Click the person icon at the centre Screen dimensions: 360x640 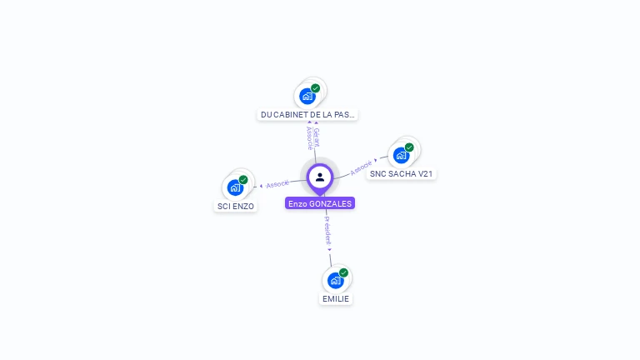click(320, 177)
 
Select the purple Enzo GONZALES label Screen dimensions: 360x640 click(320, 203)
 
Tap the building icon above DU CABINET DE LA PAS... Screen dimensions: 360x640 click(307, 96)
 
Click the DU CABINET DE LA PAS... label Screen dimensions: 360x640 click(308, 115)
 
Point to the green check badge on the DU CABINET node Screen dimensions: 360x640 click(316, 87)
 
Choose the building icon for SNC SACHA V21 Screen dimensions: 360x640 click(401, 155)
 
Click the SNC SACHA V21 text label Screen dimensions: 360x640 click(402, 174)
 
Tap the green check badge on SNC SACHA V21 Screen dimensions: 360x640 click(409, 147)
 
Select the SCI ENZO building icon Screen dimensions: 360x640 click(235, 187)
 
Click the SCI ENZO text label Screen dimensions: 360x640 click(236, 206)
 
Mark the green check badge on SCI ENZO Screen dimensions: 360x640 click(243, 179)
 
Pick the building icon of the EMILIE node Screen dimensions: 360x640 click(335, 280)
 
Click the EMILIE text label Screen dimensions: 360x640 click(336, 299)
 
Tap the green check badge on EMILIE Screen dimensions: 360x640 click(343, 272)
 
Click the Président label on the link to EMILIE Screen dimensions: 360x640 click(327, 231)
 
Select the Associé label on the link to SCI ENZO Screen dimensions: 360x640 click(277, 183)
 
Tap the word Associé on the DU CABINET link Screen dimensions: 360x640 click(309, 137)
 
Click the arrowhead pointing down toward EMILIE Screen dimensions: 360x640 click(330, 249)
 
